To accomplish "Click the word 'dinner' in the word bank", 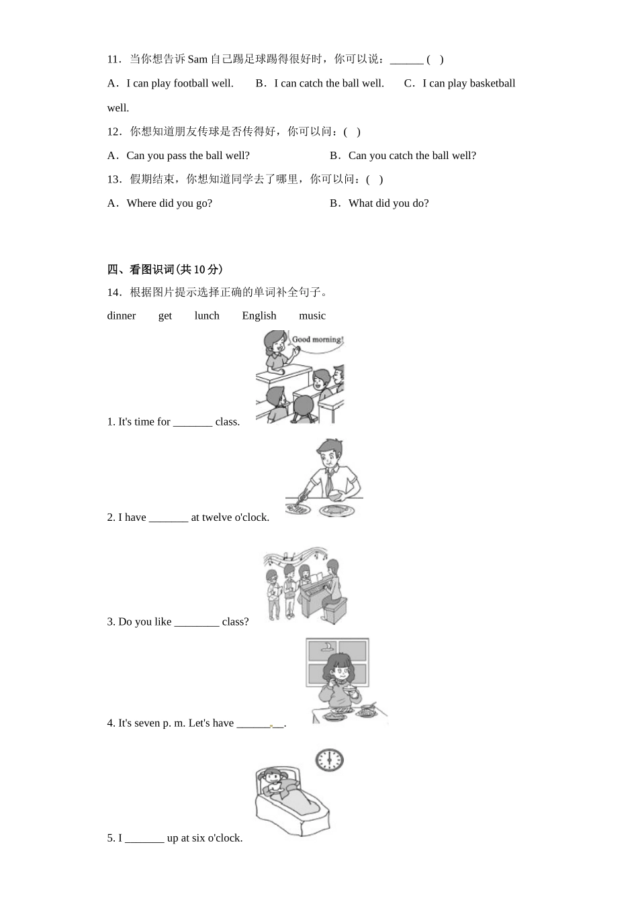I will [x=122, y=315].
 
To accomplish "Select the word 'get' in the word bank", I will [x=165, y=315].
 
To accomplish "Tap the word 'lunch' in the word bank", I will [x=207, y=315].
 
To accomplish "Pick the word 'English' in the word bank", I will [x=259, y=315].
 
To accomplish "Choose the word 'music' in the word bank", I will [x=312, y=315].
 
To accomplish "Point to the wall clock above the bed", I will [x=329, y=760].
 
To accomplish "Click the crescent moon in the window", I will [x=327, y=647].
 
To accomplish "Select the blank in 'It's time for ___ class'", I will [x=193, y=422].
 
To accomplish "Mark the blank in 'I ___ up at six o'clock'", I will [x=144, y=838].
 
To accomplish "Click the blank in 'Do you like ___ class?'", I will [x=197, y=622].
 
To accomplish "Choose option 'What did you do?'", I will [x=388, y=203].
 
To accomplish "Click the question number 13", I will [x=113, y=179].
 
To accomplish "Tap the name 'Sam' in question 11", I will [x=197, y=60].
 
